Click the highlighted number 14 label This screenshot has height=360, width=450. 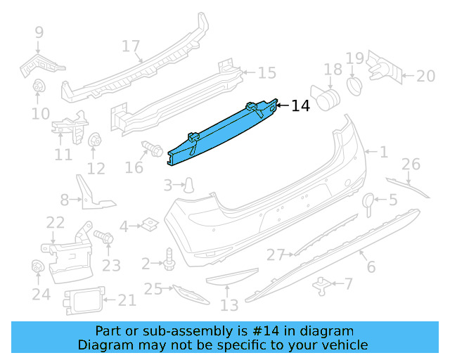coord(300,106)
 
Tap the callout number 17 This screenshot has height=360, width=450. coord(131,46)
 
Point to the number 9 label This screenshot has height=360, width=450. coord(39,32)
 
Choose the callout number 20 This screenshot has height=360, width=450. coord(427,77)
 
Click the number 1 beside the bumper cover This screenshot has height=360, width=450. coord(383,151)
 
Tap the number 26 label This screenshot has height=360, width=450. coord(411,165)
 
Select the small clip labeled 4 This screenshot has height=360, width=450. coord(148,226)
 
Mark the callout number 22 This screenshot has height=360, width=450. coord(56,223)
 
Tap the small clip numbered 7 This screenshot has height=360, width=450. coord(324,284)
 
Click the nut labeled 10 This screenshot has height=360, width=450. coord(39,88)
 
